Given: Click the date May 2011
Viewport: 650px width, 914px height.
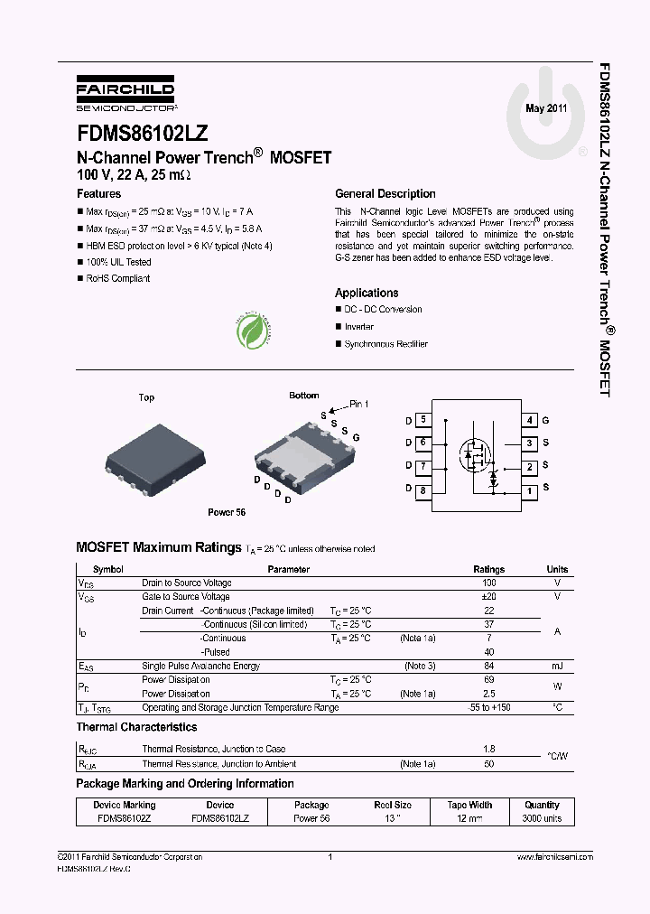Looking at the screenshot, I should point(546,108).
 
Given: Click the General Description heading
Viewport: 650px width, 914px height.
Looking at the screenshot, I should point(385,194).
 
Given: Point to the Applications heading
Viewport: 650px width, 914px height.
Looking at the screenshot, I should point(367,294).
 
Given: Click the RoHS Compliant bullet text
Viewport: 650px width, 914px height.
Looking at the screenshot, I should point(117,279).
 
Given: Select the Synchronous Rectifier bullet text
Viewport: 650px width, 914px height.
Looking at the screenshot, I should point(385,344).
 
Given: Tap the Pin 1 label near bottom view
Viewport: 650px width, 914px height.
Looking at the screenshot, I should point(358,405).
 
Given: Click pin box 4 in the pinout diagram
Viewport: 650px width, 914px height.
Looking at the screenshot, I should point(531,420).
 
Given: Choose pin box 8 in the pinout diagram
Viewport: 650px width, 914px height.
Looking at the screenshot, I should point(422,490).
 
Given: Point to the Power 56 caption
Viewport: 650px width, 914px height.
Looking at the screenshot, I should point(227,513).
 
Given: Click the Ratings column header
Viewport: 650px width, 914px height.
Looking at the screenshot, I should point(489,570).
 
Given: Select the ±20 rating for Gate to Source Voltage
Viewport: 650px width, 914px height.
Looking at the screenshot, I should point(489,597).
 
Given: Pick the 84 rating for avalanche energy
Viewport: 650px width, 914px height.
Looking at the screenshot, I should point(489,667).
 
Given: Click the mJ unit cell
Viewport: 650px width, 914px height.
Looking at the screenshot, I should point(557,667).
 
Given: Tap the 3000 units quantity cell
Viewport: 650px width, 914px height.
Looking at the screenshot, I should point(542,818).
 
